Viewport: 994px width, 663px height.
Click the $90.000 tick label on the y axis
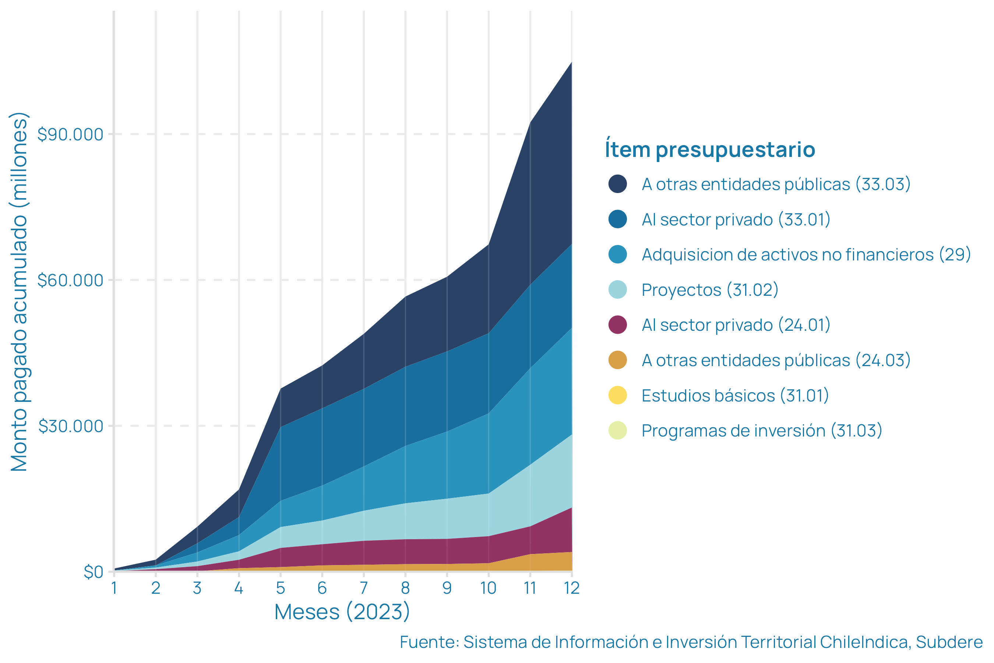[70, 134]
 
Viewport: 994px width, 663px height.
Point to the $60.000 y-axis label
[70, 280]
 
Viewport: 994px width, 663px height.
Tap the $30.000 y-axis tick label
[71, 426]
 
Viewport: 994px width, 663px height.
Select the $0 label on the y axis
[94, 572]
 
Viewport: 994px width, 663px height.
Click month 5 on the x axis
[281, 588]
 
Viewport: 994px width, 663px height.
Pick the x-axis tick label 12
[572, 588]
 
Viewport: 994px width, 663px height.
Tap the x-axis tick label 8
[405, 588]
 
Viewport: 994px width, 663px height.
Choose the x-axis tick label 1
[114, 588]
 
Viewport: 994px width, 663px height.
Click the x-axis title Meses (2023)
[342, 612]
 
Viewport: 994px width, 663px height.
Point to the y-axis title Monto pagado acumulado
[19, 292]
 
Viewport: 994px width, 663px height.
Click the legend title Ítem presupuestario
[710, 150]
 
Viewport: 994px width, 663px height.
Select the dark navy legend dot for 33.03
[617, 184]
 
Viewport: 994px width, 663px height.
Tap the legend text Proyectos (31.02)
[709, 290]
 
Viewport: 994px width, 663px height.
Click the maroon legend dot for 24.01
[617, 325]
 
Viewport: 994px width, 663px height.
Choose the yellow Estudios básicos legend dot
[617, 395]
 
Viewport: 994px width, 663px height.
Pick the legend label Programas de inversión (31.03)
[762, 431]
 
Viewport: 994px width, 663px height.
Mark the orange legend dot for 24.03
[617, 360]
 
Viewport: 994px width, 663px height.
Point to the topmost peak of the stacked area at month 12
[571, 63]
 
